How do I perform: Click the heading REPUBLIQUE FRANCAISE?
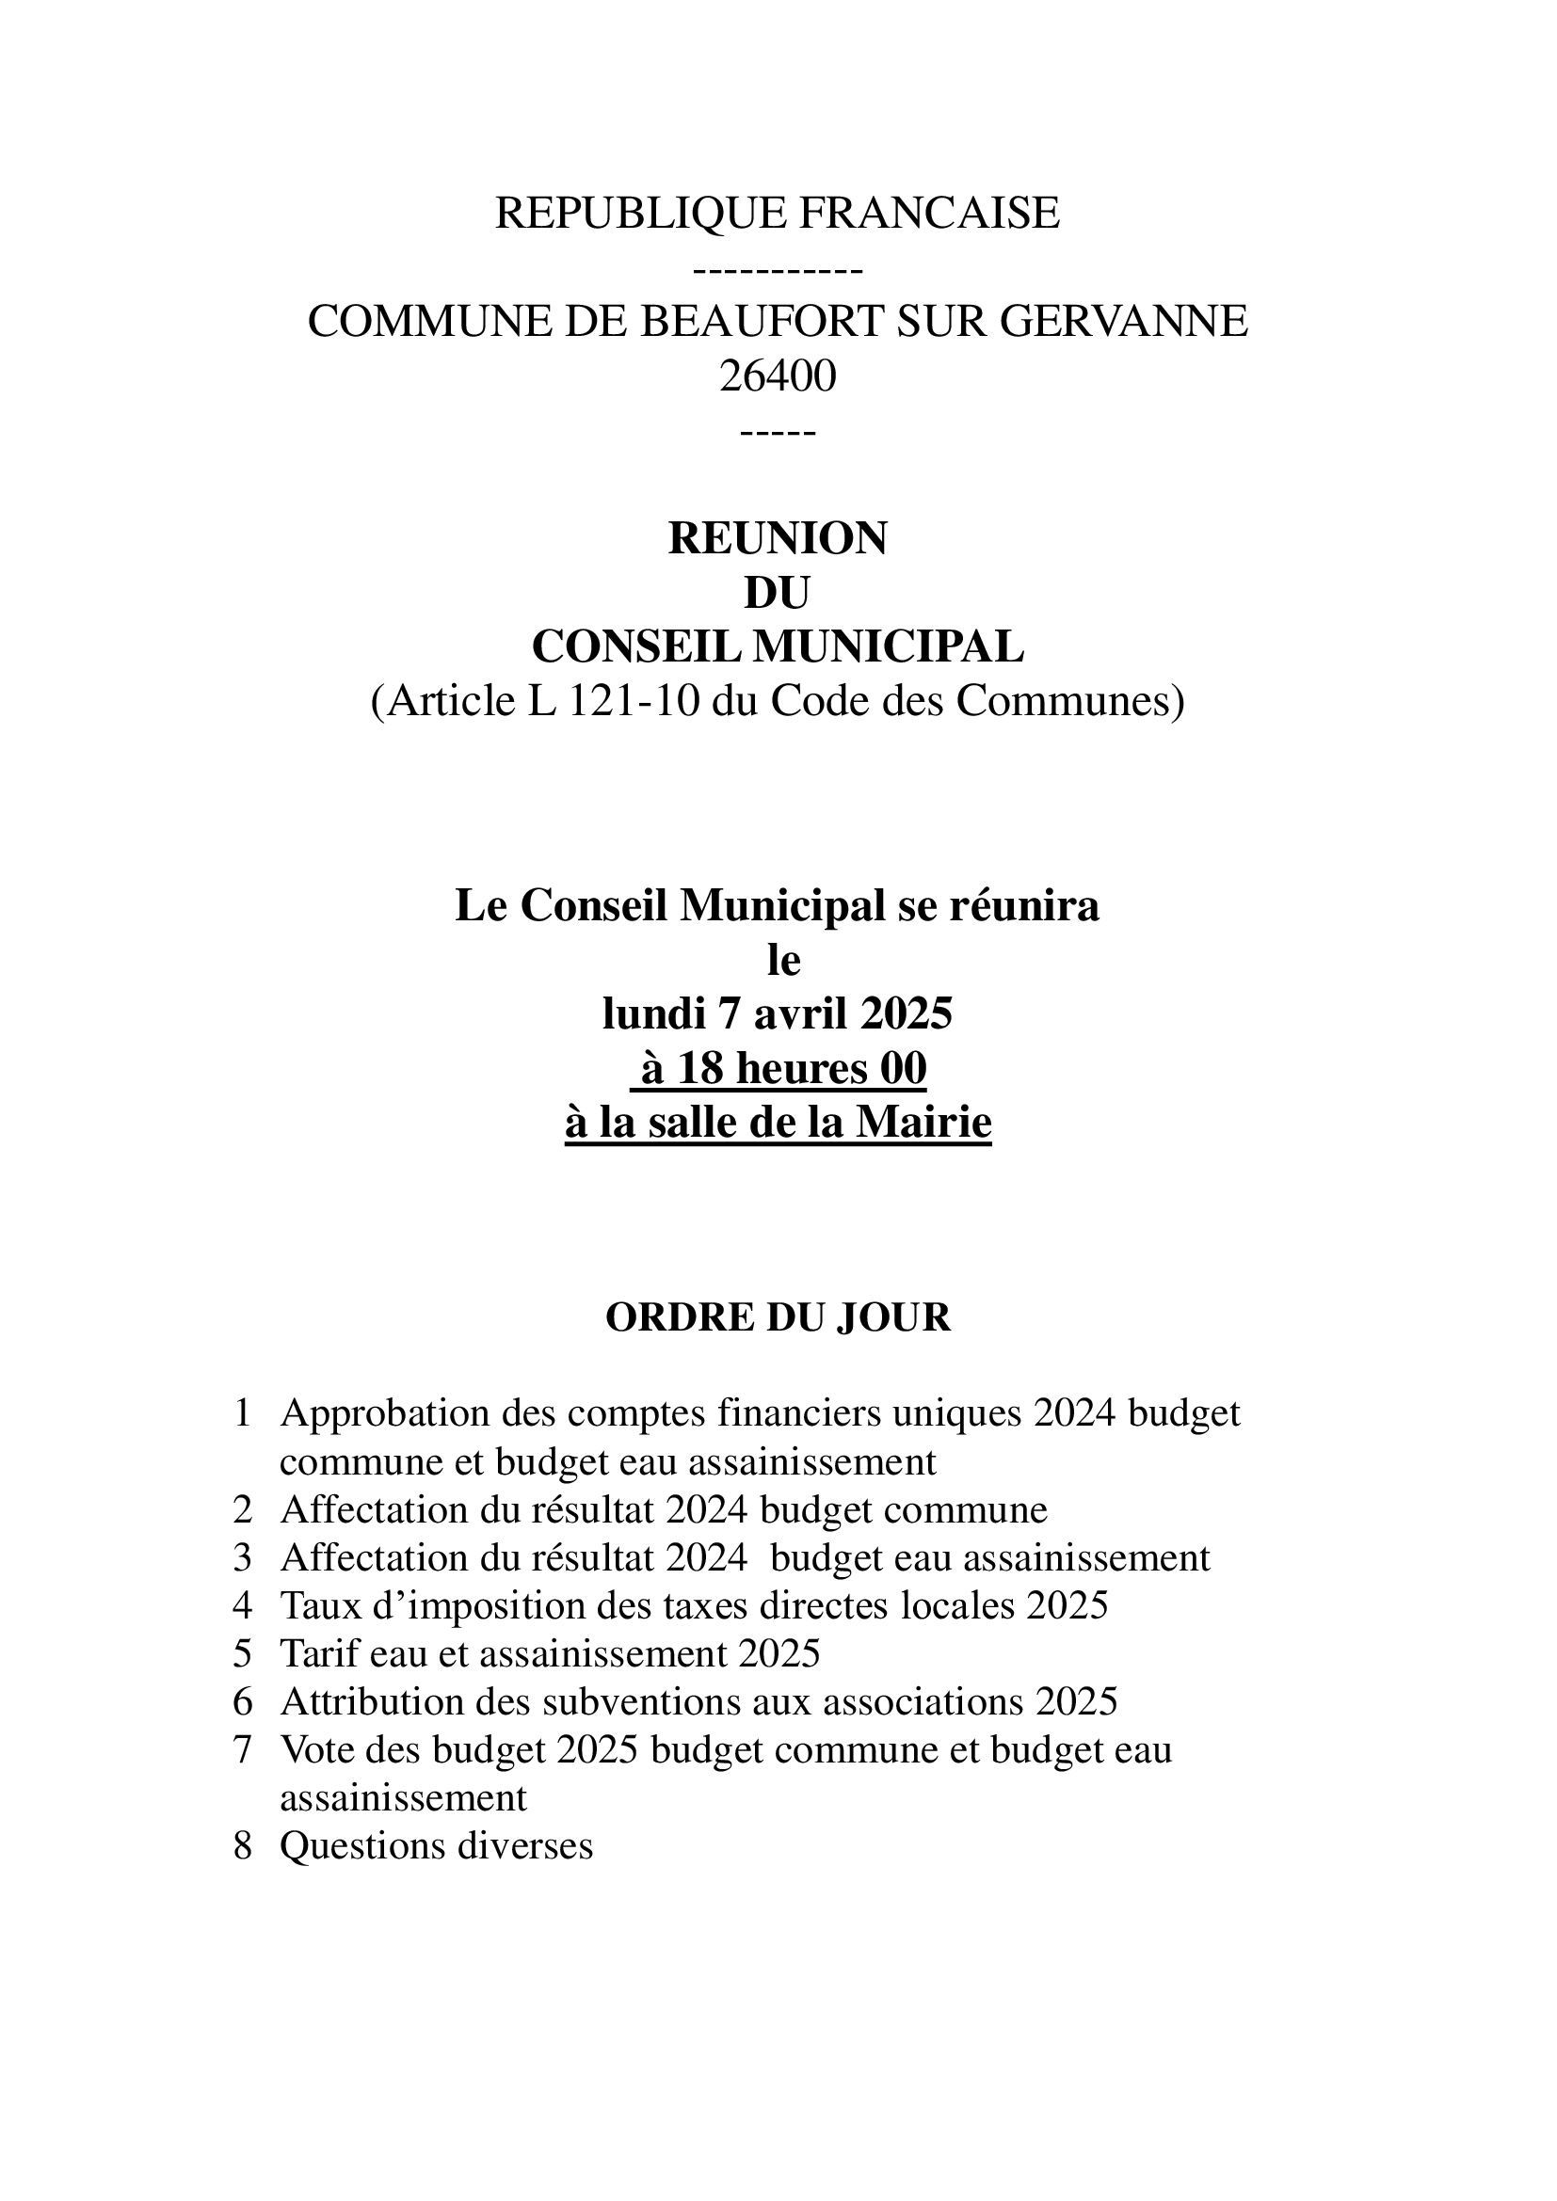[x=777, y=213]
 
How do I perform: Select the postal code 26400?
[x=778, y=375]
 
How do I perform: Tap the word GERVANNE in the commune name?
[x=1124, y=321]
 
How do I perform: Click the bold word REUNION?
[x=778, y=539]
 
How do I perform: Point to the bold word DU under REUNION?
[x=778, y=594]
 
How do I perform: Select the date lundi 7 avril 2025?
[x=778, y=1014]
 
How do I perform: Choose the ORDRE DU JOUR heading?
[x=778, y=1318]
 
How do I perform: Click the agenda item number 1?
[x=243, y=1413]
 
